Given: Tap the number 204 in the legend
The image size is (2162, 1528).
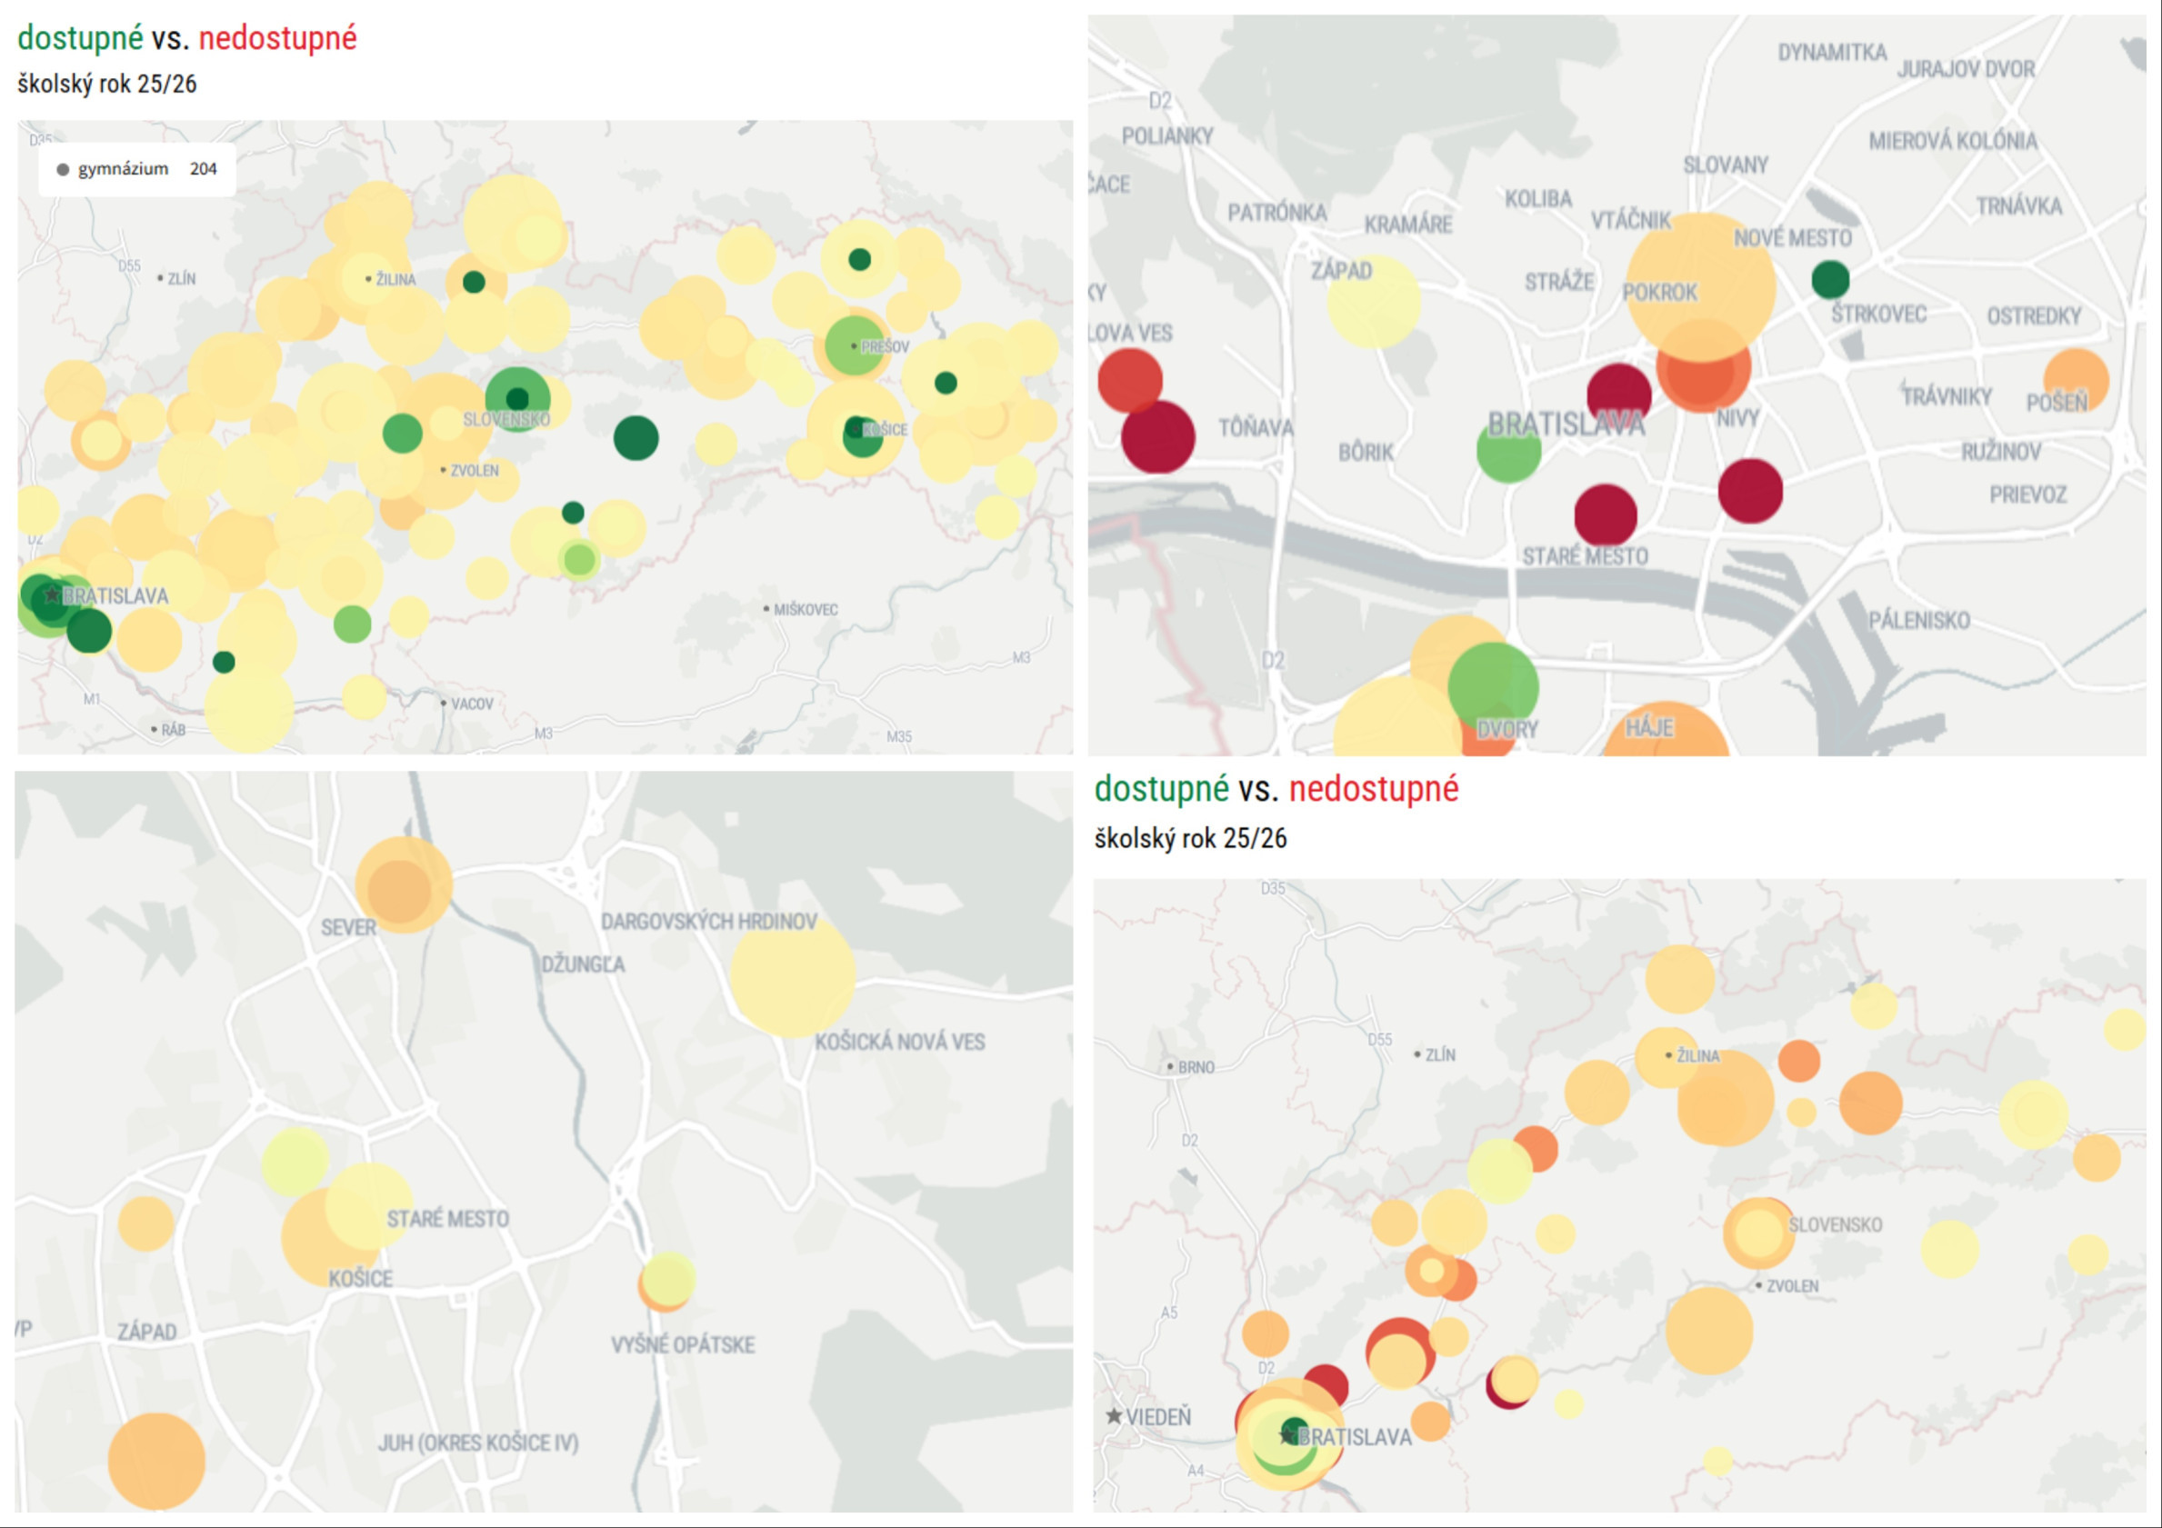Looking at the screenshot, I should [204, 169].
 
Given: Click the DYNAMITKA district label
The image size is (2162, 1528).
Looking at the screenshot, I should [1831, 53].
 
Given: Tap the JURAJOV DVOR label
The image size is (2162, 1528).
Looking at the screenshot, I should [1967, 70].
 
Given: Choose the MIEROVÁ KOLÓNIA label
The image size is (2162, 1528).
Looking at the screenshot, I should [1953, 141].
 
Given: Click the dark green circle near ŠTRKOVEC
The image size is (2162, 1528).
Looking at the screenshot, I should [1829, 279].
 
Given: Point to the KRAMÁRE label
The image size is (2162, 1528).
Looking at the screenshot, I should [1407, 225].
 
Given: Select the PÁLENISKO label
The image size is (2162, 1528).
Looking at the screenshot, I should [1919, 621].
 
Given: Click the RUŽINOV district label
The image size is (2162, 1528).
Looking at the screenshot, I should [2001, 453].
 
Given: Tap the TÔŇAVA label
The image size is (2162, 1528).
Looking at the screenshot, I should [1256, 428].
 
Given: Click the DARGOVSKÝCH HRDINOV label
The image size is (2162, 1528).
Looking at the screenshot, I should [709, 922].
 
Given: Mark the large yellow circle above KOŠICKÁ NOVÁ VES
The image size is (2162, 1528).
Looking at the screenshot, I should [792, 976].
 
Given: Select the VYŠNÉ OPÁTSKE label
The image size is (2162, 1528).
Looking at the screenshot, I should [683, 1344].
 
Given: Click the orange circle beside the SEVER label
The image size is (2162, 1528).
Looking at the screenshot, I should [403, 885].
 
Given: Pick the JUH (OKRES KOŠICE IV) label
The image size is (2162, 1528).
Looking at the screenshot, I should [478, 1443].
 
